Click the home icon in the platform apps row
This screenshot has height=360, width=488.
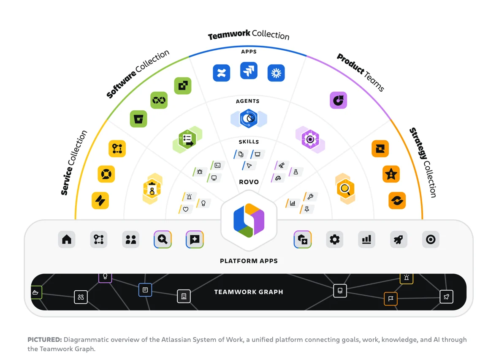(x=67, y=239)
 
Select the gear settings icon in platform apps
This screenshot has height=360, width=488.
(x=335, y=239)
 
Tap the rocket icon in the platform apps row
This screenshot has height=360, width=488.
(x=399, y=239)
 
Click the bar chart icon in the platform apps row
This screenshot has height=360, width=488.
(x=366, y=239)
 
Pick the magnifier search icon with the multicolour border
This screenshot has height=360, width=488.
(x=163, y=239)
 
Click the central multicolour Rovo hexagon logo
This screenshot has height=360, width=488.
(x=249, y=220)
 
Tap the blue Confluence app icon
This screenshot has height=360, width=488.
(x=222, y=73)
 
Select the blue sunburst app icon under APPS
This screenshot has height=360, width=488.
(x=276, y=73)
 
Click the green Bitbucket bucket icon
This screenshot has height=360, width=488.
(x=138, y=119)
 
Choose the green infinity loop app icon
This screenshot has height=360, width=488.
(x=159, y=100)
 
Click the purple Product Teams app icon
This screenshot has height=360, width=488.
(x=338, y=100)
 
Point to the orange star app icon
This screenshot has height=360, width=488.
(x=391, y=174)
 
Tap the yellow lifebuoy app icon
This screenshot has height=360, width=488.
(x=106, y=174)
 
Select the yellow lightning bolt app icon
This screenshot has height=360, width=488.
(x=100, y=200)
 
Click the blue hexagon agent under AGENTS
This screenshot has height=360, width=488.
(x=249, y=118)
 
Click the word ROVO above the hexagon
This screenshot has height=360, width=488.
(x=249, y=182)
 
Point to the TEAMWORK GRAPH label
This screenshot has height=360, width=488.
(x=249, y=292)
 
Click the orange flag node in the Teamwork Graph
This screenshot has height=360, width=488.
(x=390, y=299)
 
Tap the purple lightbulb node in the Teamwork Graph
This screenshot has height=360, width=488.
(x=105, y=277)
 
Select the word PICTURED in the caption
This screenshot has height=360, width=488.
(x=44, y=339)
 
